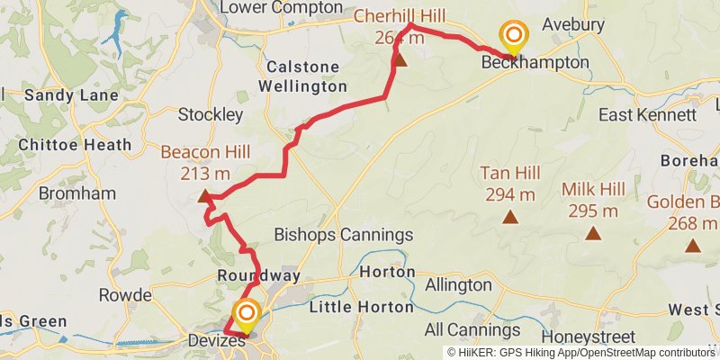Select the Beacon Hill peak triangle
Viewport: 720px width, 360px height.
pyautogui.click(x=205, y=195)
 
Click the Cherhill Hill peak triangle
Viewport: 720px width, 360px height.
pyautogui.click(x=400, y=60)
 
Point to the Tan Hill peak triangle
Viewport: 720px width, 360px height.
pyautogui.click(x=510, y=217)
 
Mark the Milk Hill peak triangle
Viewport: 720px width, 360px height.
pyautogui.click(x=593, y=234)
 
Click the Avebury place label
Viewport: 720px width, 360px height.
pyautogui.click(x=574, y=24)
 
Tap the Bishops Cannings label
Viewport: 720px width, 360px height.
pyautogui.click(x=343, y=236)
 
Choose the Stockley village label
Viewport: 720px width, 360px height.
pyautogui.click(x=210, y=115)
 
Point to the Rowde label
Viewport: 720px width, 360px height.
pyautogui.click(x=125, y=294)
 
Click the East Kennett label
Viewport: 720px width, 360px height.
pyautogui.click(x=648, y=115)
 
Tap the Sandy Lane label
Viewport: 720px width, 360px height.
pyautogui.click(x=59, y=94)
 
